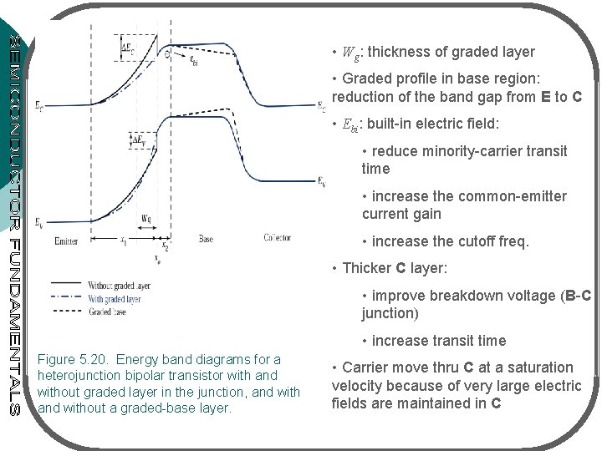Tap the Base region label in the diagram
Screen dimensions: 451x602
pyautogui.click(x=206, y=238)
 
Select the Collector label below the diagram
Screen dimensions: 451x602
pyautogui.click(x=278, y=238)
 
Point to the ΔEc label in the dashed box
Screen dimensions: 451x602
pyautogui.click(x=127, y=46)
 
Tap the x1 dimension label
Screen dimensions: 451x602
pyautogui.click(x=124, y=242)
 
